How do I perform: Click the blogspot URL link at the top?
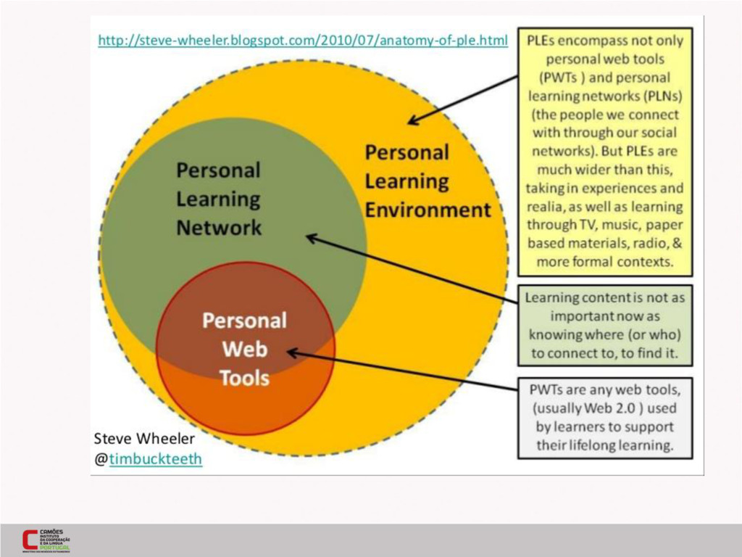pyautogui.click(x=302, y=41)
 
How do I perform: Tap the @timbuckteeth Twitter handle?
pyautogui.click(x=155, y=459)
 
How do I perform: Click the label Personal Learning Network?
pyautogui.click(x=219, y=199)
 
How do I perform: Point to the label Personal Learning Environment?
pyautogui.click(x=428, y=181)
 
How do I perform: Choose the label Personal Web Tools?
pyautogui.click(x=244, y=349)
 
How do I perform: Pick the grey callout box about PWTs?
pyautogui.click(x=605, y=417)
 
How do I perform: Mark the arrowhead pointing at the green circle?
pyautogui.click(x=309, y=236)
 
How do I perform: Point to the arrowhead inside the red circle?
pyautogui.click(x=291, y=352)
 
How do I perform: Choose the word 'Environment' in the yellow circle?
pyautogui.click(x=428, y=210)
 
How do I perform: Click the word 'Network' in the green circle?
pyautogui.click(x=219, y=228)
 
